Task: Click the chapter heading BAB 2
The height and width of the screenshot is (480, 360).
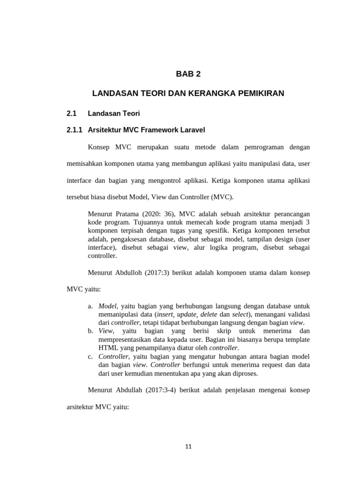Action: point(188,74)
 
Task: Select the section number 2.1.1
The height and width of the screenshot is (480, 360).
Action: point(75,129)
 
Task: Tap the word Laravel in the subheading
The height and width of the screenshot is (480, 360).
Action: point(191,129)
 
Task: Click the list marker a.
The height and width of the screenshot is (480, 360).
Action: point(90,306)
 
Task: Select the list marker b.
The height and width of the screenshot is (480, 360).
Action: point(90,331)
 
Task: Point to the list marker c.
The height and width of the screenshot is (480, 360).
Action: point(90,357)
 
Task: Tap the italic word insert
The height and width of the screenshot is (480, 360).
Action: point(167,315)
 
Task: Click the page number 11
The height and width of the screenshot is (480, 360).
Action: point(188,446)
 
